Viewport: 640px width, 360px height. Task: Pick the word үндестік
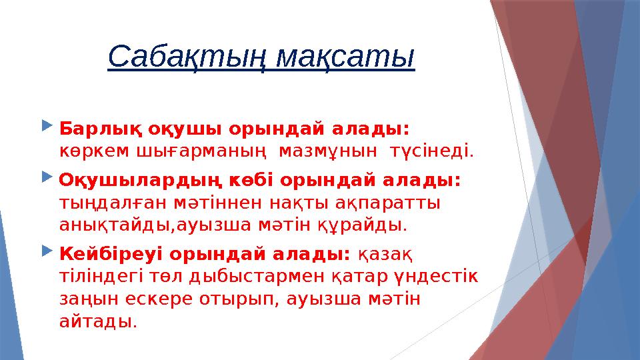click(439, 277)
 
